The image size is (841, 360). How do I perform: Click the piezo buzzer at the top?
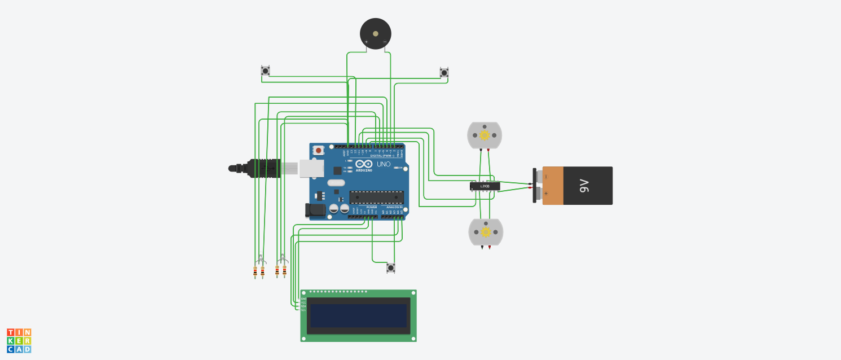click(375, 33)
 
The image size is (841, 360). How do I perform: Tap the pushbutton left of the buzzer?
click(265, 71)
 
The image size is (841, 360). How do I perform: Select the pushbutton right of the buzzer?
click(444, 72)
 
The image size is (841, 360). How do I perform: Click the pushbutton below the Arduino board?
click(391, 267)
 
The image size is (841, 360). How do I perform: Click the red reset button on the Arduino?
click(319, 151)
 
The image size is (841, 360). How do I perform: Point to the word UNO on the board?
click(384, 164)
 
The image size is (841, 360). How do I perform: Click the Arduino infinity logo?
click(364, 164)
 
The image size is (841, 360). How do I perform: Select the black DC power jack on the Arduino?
click(315, 210)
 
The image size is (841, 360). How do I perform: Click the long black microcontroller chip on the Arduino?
click(376, 197)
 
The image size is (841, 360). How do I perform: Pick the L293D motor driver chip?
click(485, 186)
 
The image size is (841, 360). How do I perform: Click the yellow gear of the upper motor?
click(484, 135)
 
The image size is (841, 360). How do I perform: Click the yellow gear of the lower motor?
click(485, 232)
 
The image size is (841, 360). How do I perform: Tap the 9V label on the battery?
click(584, 185)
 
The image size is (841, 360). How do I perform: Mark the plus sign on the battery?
click(546, 194)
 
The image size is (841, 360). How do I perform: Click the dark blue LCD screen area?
click(358, 315)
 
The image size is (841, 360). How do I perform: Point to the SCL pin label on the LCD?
click(303, 310)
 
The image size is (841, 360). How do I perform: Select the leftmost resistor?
click(256, 272)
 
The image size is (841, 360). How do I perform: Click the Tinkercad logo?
click(19, 341)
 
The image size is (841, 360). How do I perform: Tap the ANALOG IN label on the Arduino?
click(394, 208)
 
